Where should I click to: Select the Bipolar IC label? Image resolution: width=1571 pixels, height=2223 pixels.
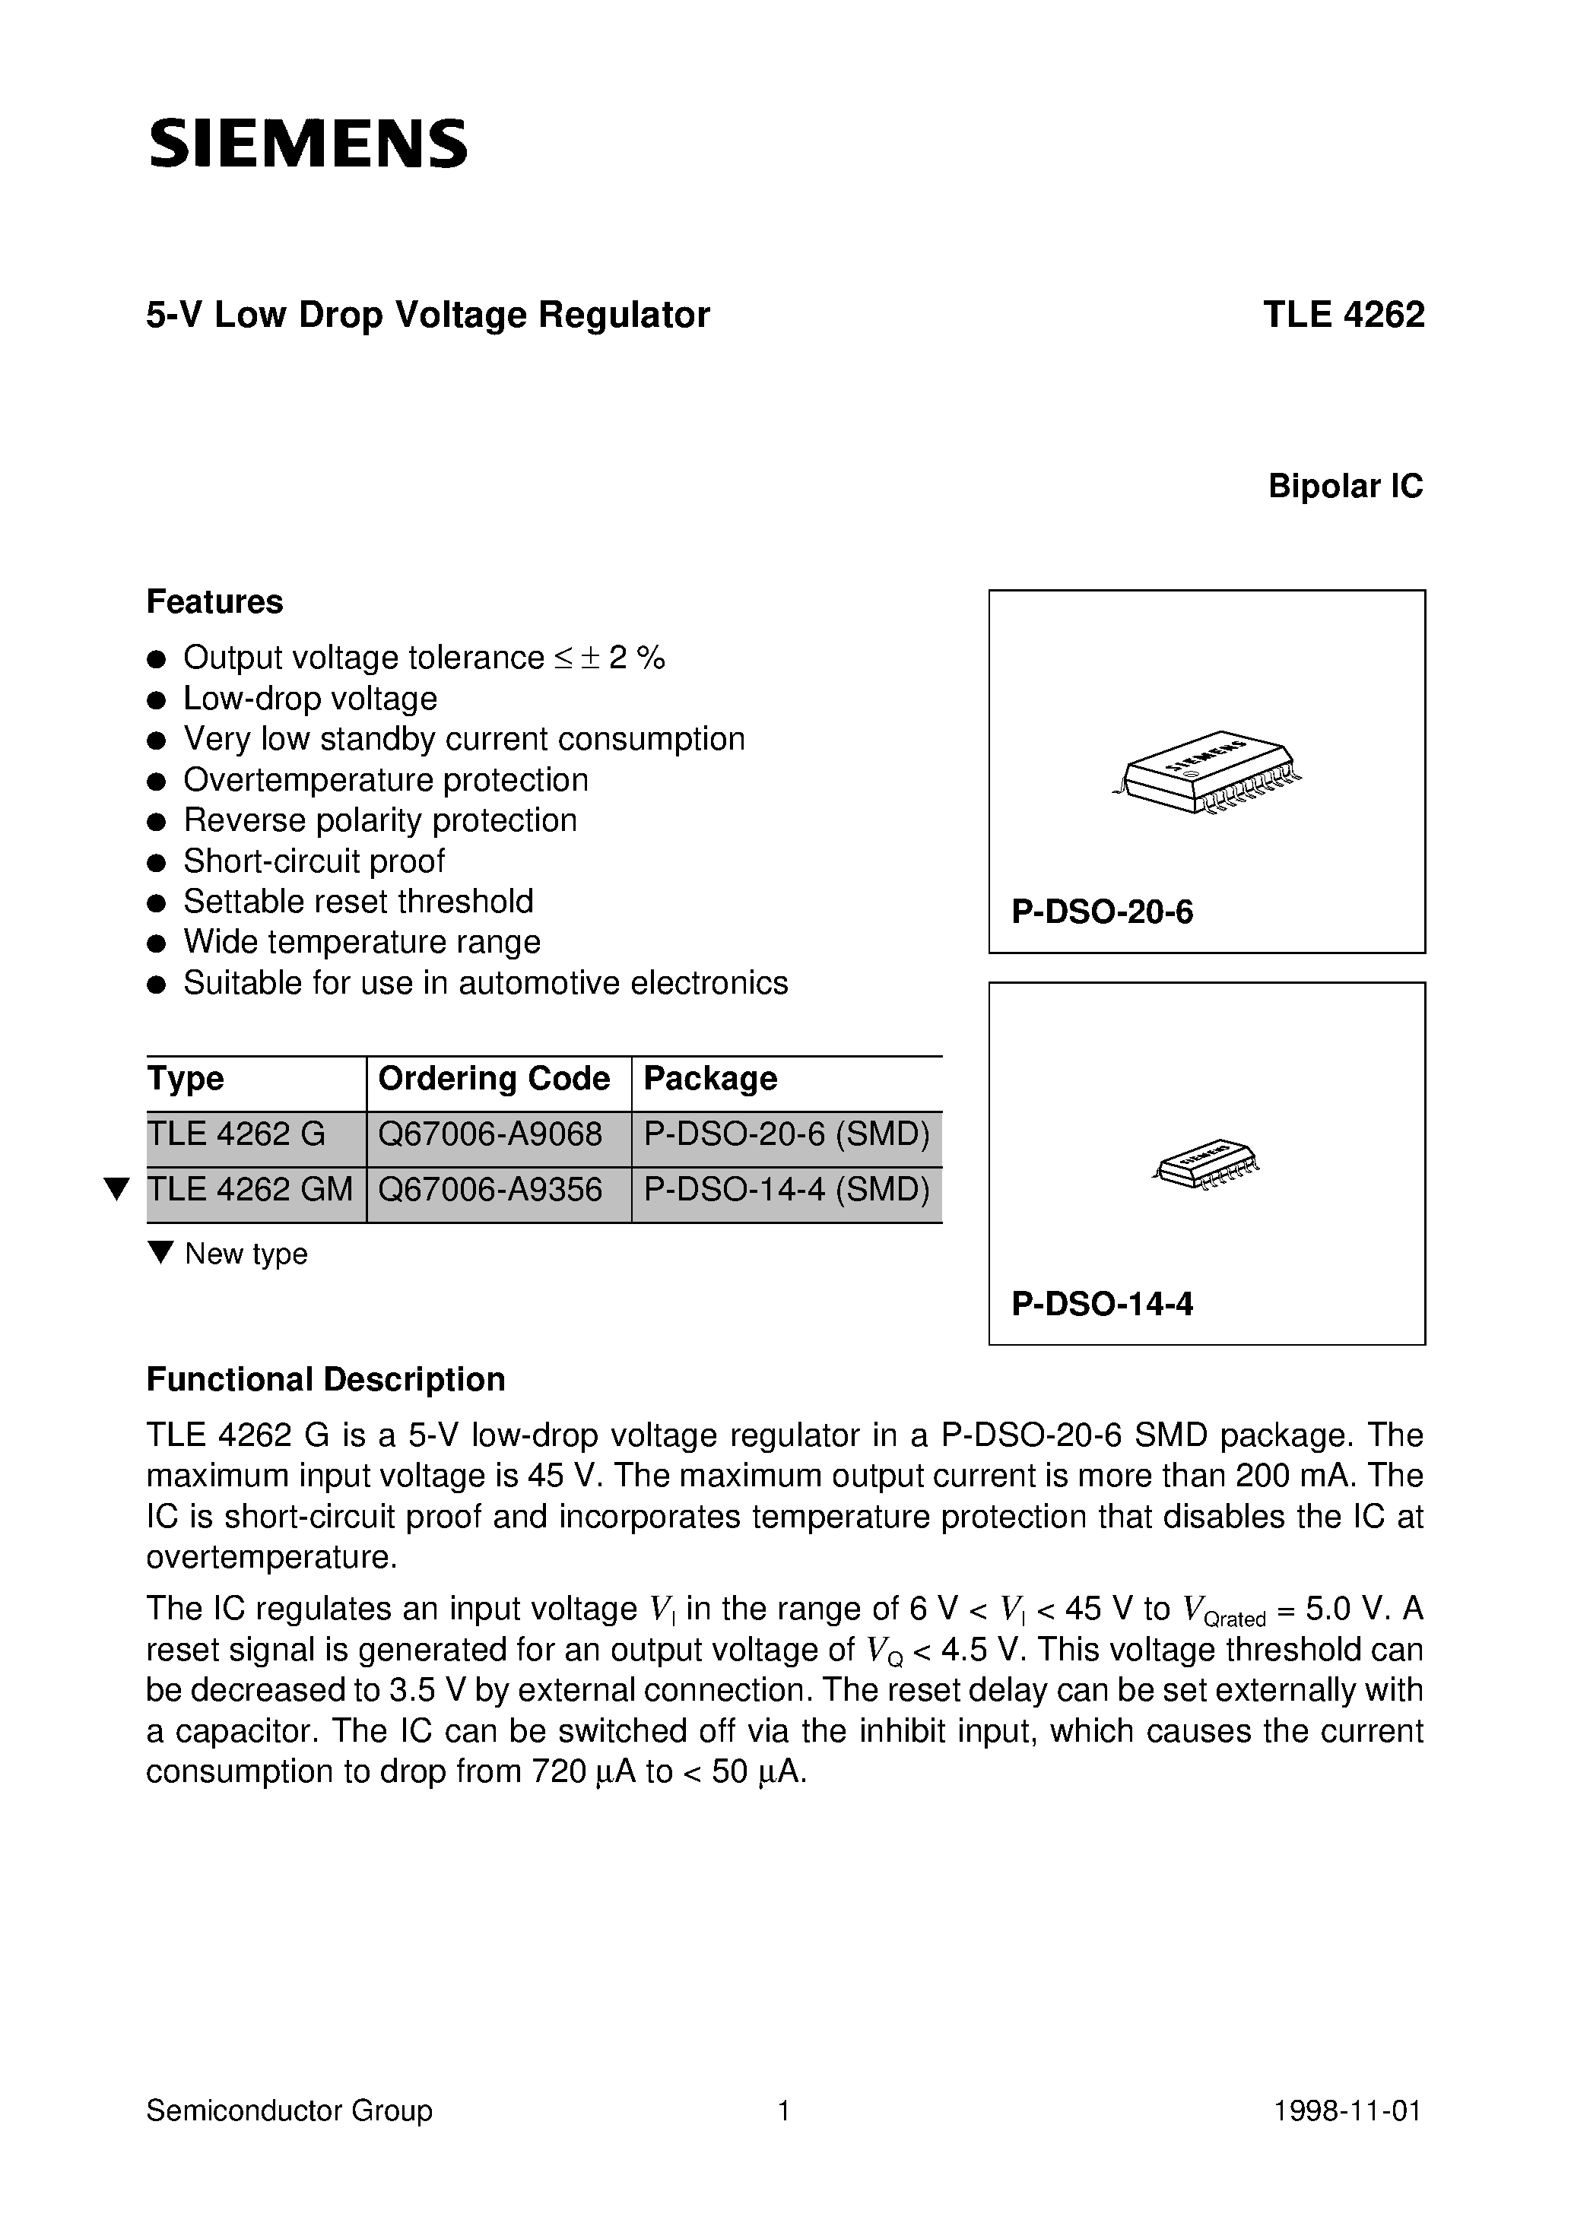coord(1344,486)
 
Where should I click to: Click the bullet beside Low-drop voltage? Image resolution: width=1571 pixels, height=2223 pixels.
coord(156,700)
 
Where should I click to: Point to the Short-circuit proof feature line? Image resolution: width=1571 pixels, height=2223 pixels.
coord(314,861)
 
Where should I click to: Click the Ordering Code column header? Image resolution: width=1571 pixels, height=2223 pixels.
coord(494,1079)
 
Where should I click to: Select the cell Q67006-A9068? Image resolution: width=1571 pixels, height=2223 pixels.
coord(490,1134)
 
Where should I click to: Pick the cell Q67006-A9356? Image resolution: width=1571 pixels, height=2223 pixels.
coord(490,1189)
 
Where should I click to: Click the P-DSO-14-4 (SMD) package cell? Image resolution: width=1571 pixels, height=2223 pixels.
coord(786,1189)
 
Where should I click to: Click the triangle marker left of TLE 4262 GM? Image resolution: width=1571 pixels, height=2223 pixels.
coord(117,1189)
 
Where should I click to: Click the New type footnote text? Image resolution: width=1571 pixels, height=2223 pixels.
coord(246,1254)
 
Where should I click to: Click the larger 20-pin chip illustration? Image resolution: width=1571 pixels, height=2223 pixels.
coord(1207,771)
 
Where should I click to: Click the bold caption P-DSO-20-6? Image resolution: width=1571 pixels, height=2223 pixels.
coord(1103,912)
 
